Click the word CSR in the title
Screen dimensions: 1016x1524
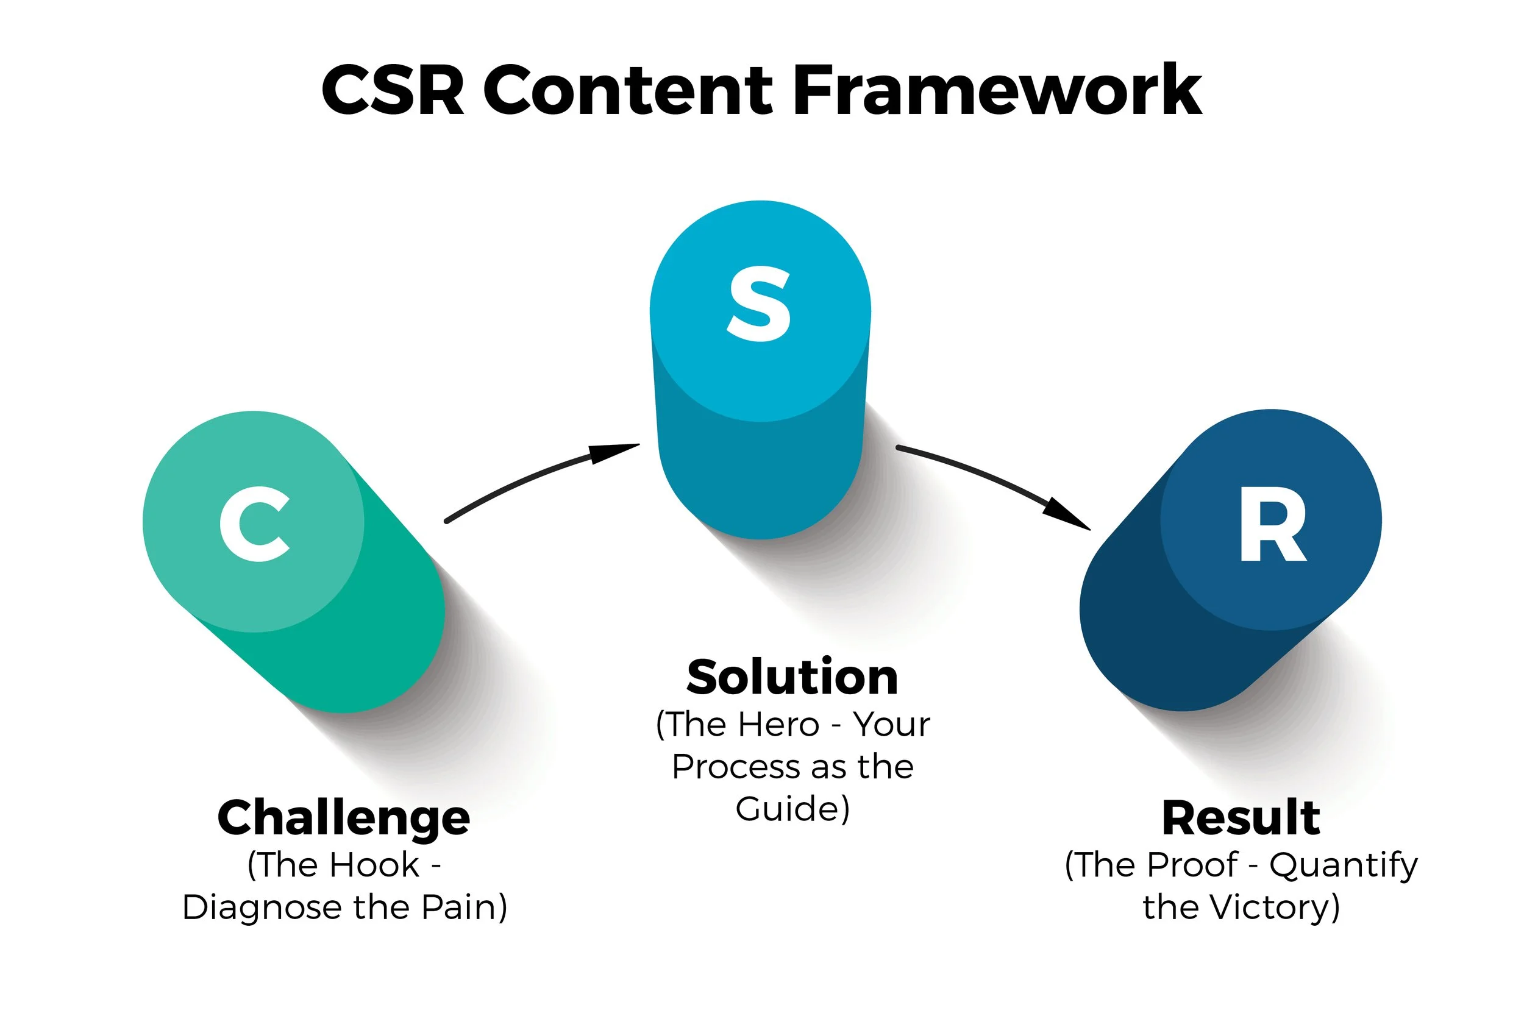(393, 91)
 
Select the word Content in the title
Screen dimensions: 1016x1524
(627, 91)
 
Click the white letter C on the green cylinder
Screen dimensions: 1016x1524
(254, 524)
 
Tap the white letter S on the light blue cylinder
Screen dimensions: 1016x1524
(760, 304)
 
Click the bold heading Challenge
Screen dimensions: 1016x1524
(343, 819)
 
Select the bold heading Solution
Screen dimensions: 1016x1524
(792, 678)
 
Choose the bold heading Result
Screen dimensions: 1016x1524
(1241, 818)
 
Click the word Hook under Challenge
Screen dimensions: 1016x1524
(375, 865)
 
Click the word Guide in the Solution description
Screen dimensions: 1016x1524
(786, 809)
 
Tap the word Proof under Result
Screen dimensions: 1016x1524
(1192, 865)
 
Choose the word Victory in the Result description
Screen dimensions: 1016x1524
(1270, 907)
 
